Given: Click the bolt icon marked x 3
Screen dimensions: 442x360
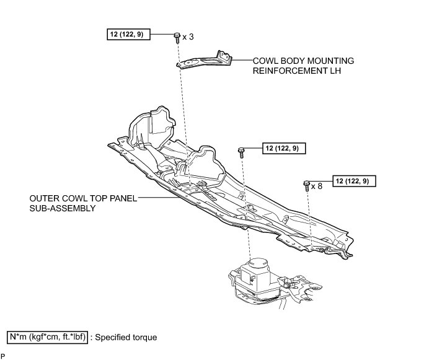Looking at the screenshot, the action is click(177, 37).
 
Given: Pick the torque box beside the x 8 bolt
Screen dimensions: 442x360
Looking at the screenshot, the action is click(354, 182).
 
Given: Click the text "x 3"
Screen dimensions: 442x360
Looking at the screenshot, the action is click(188, 37).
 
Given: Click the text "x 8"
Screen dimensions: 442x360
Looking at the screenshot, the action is click(317, 185).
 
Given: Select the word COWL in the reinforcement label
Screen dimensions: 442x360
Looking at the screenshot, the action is click(265, 61).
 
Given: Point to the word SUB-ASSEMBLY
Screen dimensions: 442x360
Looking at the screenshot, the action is click(62, 209).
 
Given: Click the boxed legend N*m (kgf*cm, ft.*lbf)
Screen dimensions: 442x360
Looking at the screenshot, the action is click(47, 337).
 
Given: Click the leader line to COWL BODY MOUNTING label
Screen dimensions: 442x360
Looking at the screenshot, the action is click(242, 61).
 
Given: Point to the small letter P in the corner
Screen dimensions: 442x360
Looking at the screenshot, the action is click(3, 356).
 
